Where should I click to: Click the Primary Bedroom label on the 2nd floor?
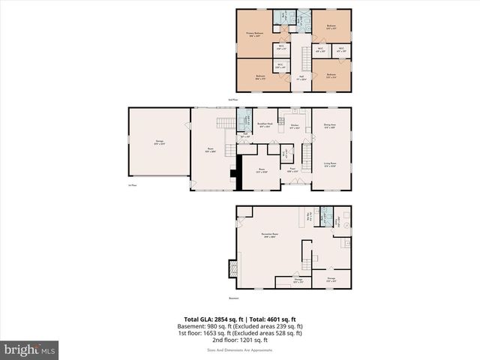[256, 34]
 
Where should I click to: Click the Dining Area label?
[329, 126]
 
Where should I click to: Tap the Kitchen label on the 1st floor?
[295, 126]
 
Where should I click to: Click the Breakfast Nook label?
[264, 125]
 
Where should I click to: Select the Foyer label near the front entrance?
[292, 169]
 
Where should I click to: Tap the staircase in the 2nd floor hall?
[306, 58]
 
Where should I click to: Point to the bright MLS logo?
[29, 349]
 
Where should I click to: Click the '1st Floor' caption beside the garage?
[132, 186]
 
